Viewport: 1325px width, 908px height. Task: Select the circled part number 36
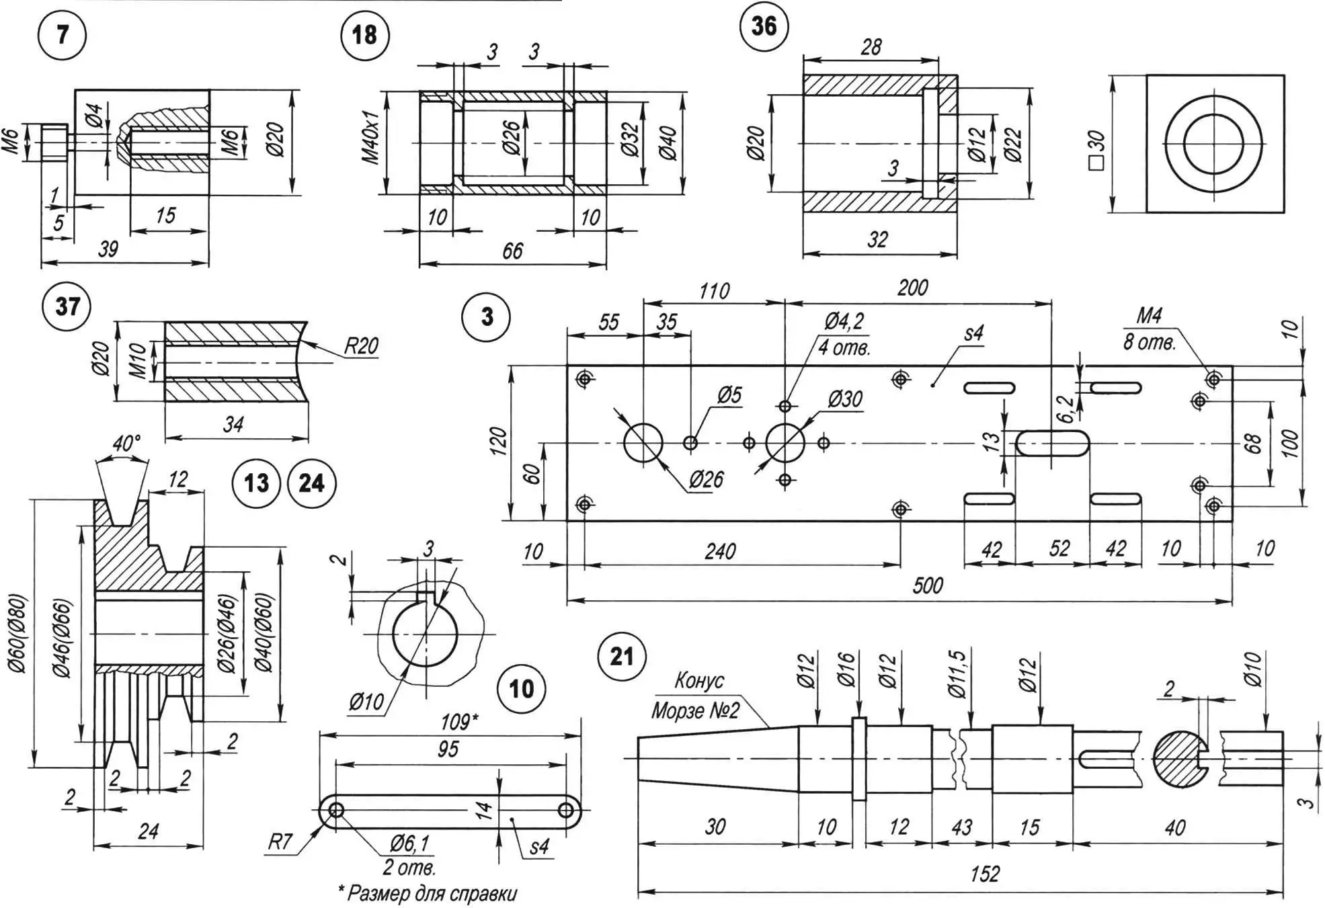pos(764,26)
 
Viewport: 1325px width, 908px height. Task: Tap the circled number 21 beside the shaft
pos(621,656)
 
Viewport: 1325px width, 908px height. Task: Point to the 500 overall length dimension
pos(928,585)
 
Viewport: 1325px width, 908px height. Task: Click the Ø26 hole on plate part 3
pos(643,443)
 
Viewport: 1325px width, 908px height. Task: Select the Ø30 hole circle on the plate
pos(785,443)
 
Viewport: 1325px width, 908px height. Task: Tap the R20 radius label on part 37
pos(361,346)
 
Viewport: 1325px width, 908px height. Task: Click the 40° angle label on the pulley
pos(126,444)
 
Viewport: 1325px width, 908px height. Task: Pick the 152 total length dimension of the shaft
pos(985,874)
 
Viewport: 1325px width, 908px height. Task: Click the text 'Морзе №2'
pos(695,711)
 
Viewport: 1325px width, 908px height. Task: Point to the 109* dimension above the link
pos(459,723)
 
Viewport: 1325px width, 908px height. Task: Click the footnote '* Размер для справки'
pos(428,893)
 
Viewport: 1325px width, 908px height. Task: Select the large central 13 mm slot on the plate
pos(1052,444)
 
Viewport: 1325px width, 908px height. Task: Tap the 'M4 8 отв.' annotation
pos(1149,329)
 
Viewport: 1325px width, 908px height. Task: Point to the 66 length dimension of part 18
pos(512,251)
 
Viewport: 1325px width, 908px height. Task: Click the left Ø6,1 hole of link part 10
pos(336,811)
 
